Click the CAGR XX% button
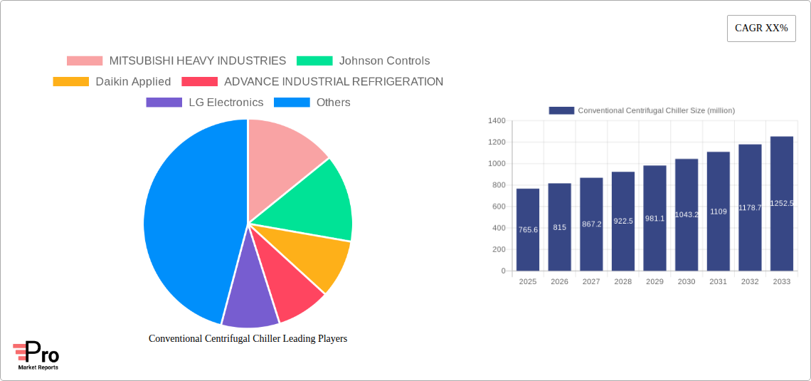761,28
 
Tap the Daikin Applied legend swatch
70,82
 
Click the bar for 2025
528,229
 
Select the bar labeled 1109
718,211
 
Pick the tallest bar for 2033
781,203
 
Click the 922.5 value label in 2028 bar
623,221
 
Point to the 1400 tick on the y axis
496,121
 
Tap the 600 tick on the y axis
497,207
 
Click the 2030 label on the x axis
687,282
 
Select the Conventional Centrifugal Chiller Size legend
642,110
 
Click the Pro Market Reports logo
36,355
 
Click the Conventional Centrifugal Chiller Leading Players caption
248,339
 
